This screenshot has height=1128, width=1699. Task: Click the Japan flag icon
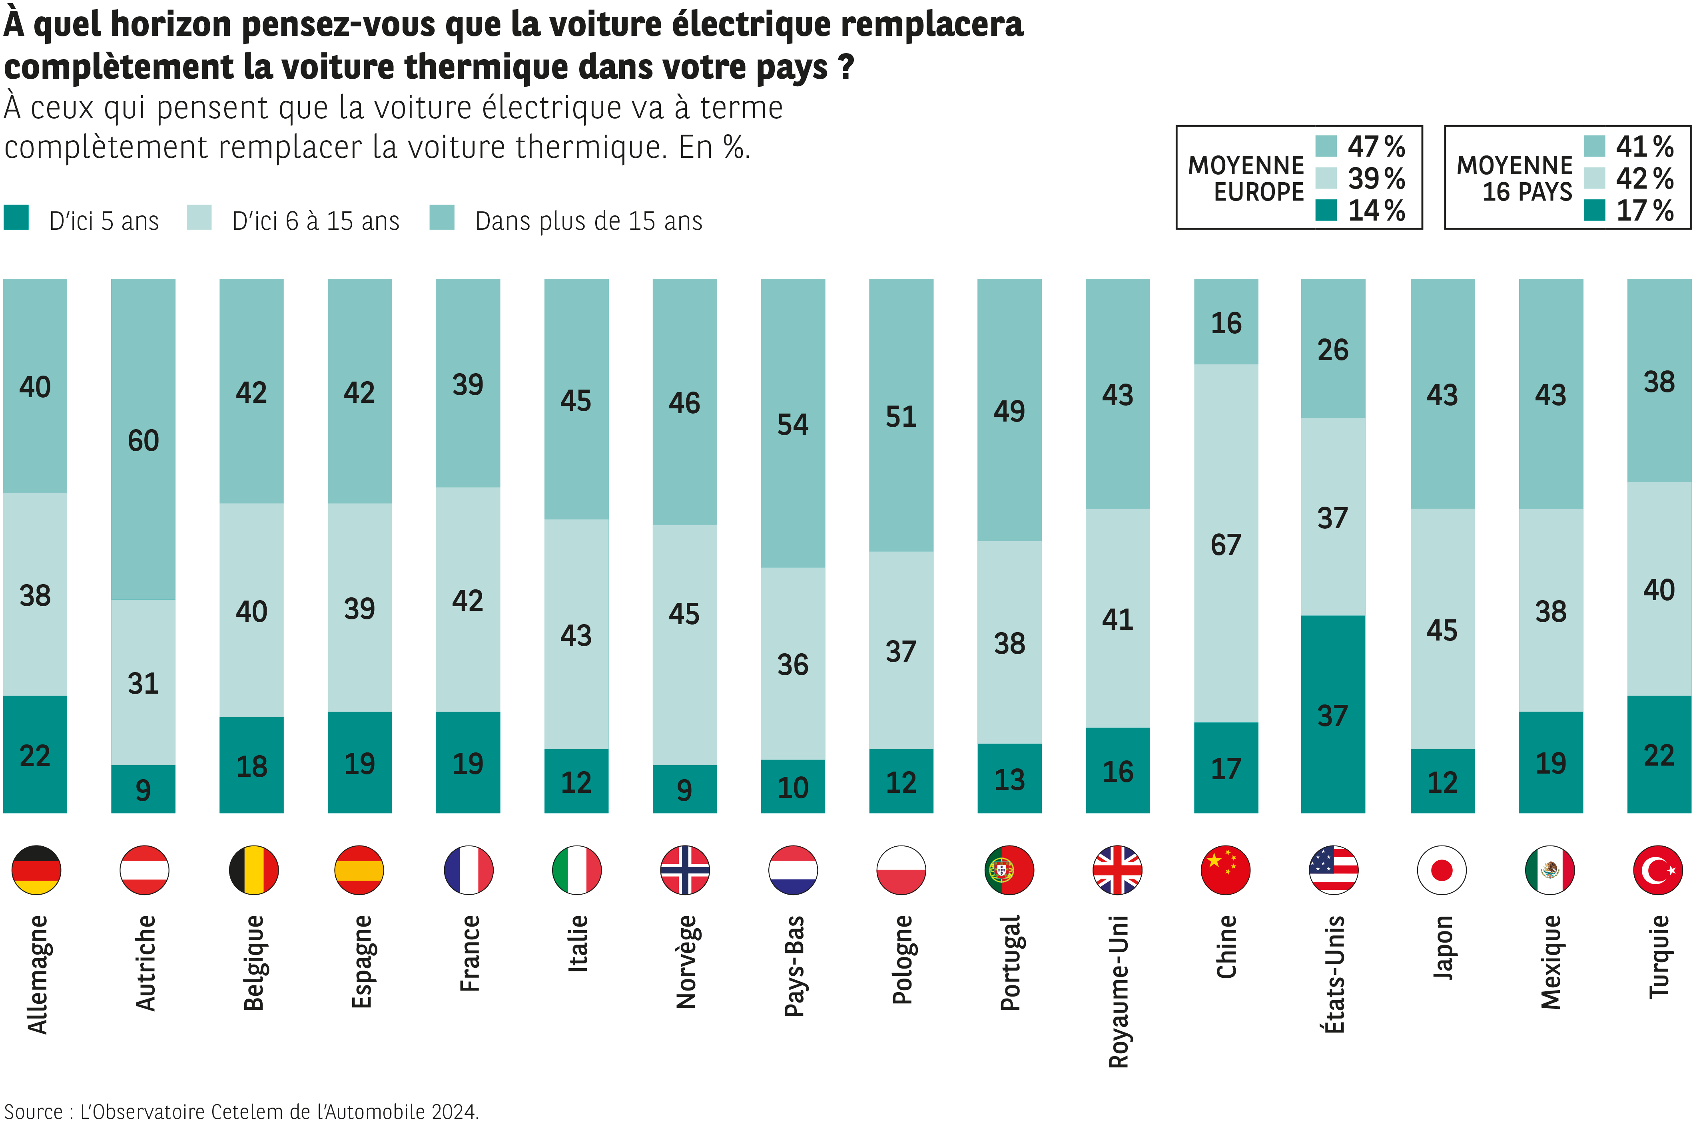tap(1442, 870)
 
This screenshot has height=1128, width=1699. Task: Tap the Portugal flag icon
tap(1009, 870)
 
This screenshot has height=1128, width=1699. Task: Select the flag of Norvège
tap(684, 870)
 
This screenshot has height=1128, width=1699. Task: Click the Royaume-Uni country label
tap(1118, 991)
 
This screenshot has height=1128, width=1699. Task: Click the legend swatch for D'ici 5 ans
tap(16, 217)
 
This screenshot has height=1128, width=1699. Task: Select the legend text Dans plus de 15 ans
tap(588, 221)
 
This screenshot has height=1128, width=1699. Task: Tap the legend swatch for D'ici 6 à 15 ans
tap(199, 217)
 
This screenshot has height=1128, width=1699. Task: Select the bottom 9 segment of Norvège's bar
tap(684, 789)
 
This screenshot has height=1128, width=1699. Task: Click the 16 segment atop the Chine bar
tap(1226, 322)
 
